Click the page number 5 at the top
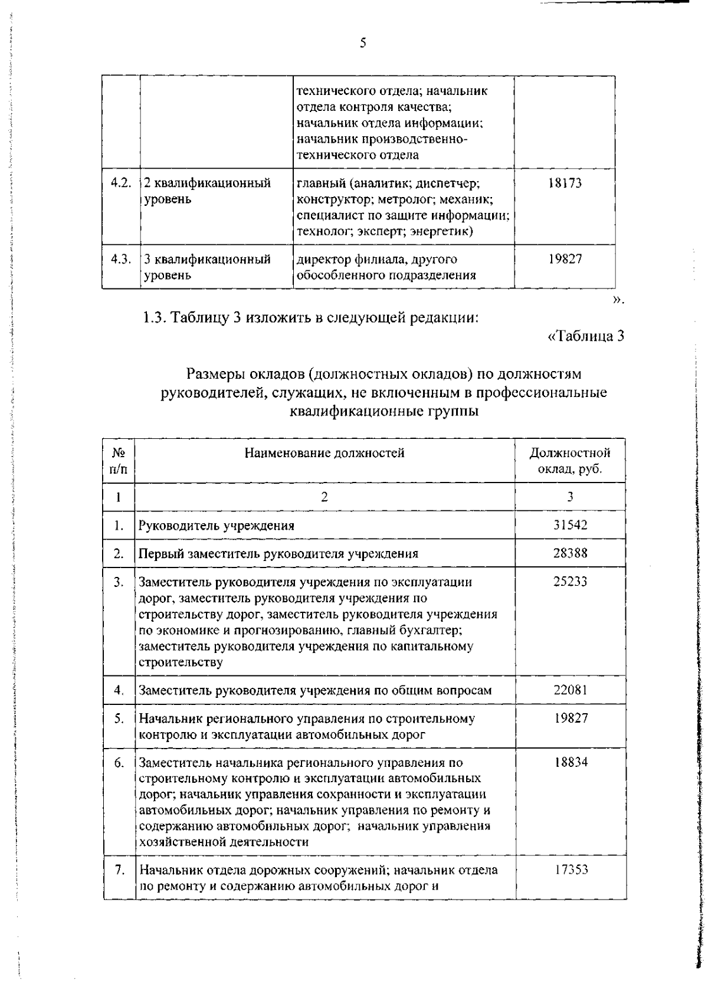coord(363,42)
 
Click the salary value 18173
coord(565,183)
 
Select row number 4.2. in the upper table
coord(121,183)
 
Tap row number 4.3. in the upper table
coord(121,259)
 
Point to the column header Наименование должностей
coord(324,453)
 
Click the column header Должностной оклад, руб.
coord(570,461)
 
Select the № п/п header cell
coord(119,461)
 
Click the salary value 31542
coord(570,524)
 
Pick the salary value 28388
coord(570,553)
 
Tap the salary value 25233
coord(570,582)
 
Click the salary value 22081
coord(570,690)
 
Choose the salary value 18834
coord(570,762)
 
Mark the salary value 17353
coord(570,870)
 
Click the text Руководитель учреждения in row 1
coord(217,525)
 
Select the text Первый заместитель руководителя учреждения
coord(278,553)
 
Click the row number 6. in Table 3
coord(119,763)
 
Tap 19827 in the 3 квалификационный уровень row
coord(565,259)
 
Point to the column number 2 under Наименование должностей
coord(324,497)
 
